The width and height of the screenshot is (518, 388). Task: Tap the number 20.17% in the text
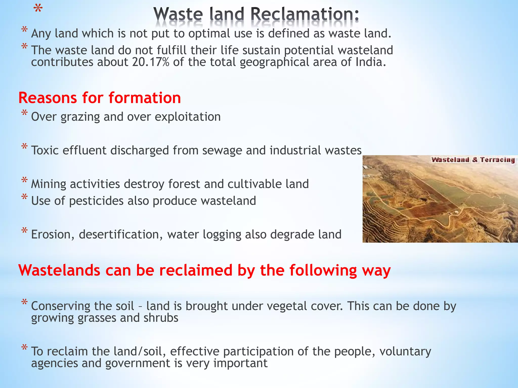150,62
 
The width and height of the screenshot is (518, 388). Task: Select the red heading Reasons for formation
100,98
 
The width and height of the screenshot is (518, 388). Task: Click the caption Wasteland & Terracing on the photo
473,160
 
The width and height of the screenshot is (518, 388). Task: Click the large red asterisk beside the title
38,10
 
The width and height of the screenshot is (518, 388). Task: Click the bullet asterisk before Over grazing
25,113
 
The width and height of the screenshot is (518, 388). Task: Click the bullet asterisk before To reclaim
25,348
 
